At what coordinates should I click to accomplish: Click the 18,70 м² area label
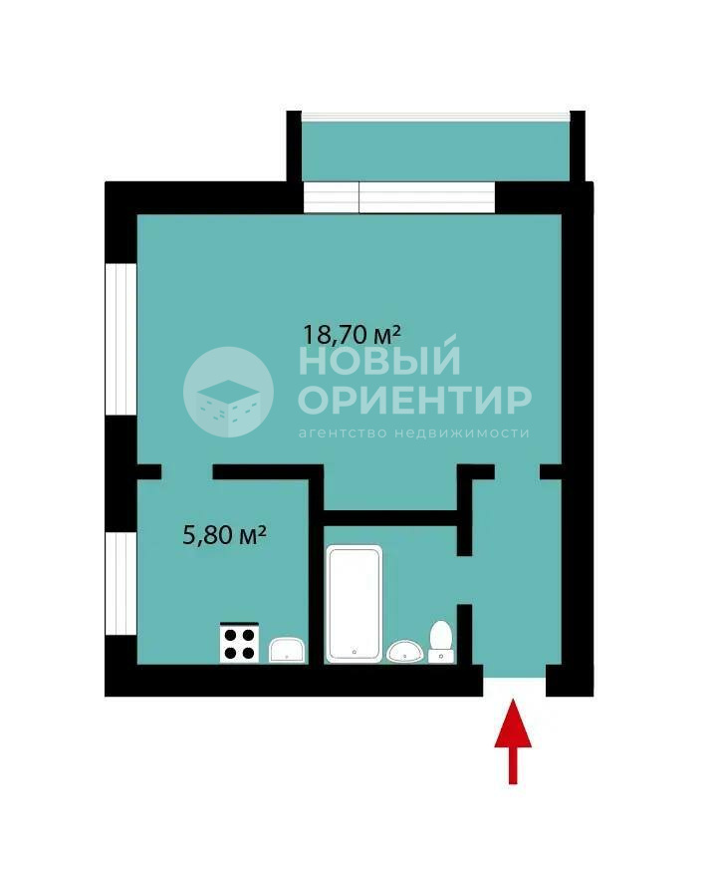[x=352, y=335]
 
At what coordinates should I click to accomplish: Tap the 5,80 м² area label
[x=224, y=535]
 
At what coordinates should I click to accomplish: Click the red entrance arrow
[x=513, y=741]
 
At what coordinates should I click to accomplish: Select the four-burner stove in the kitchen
[x=239, y=643]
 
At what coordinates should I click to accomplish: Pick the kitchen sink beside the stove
[x=287, y=651]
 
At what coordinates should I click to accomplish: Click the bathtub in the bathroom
[x=355, y=604]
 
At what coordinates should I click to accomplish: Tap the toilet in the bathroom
[x=441, y=642]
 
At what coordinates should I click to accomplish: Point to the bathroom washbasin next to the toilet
[x=405, y=651]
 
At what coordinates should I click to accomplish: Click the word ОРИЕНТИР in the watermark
[x=415, y=400]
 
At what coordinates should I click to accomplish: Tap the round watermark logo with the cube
[x=228, y=392]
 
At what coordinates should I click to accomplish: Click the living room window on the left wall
[x=120, y=339]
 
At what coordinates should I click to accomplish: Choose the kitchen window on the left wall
[x=120, y=584]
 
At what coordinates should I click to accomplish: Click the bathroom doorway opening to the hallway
[x=465, y=580]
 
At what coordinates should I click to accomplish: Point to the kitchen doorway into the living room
[x=187, y=472]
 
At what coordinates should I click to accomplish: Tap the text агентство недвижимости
[x=413, y=434]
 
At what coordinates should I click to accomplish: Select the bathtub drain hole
[x=355, y=651]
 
